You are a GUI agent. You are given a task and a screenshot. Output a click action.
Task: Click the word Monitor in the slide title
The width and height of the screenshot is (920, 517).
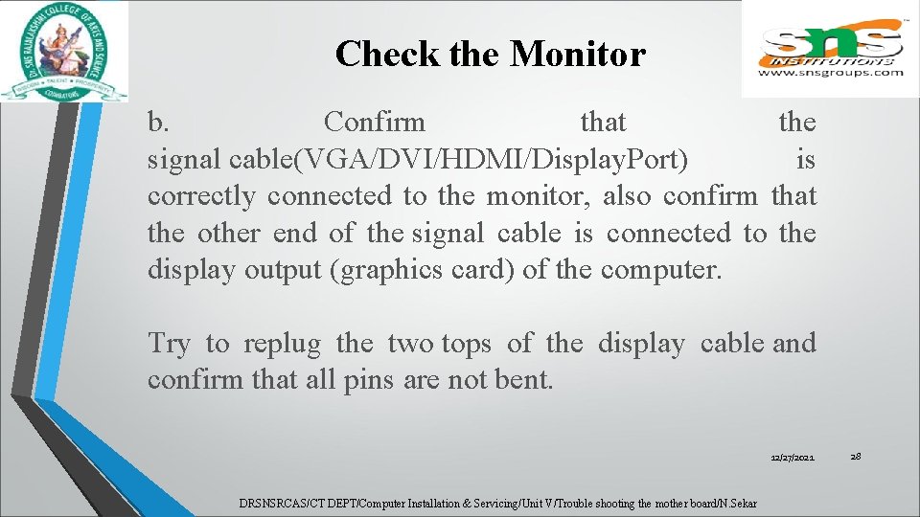578,54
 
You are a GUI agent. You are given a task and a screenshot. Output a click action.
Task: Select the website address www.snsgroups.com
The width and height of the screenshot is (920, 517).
831,72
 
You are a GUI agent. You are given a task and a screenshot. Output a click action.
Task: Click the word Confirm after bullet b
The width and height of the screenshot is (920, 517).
375,123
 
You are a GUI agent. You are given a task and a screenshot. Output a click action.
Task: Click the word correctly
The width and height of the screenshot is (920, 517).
201,196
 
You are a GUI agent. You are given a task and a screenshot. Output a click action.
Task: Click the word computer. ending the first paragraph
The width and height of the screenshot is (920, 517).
660,270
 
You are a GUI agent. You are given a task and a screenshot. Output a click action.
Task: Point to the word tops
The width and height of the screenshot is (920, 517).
467,343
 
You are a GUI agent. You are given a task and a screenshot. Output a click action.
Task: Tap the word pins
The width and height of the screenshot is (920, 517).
368,380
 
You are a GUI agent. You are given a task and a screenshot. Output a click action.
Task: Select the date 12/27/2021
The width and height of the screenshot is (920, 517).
793,460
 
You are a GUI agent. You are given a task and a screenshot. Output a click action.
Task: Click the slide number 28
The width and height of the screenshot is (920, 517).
856,457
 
